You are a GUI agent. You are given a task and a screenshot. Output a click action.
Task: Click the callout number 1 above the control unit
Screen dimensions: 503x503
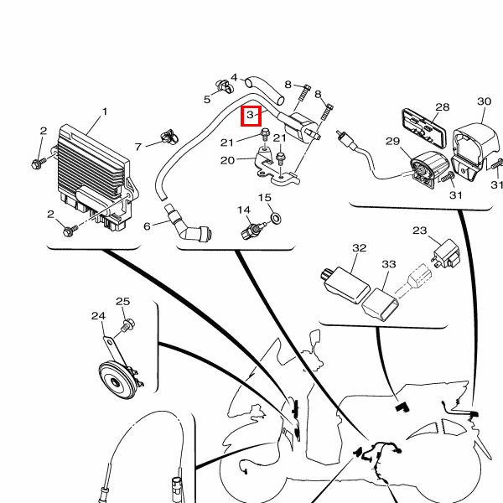[105, 111]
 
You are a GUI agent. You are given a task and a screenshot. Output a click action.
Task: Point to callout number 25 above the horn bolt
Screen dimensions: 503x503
[122, 302]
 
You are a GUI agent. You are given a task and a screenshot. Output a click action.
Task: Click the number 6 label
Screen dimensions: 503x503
[147, 226]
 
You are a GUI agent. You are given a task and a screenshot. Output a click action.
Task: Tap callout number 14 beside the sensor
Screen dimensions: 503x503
[243, 210]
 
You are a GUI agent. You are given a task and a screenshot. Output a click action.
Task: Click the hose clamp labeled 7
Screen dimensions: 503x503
[170, 133]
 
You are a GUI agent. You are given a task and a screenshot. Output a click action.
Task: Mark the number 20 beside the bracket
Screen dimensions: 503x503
[227, 160]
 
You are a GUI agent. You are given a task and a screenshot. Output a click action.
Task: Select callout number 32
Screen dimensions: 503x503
[360, 248]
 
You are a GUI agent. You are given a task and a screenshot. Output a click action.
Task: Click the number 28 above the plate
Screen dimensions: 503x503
[442, 107]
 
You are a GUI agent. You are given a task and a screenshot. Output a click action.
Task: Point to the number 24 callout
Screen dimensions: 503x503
[98, 316]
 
